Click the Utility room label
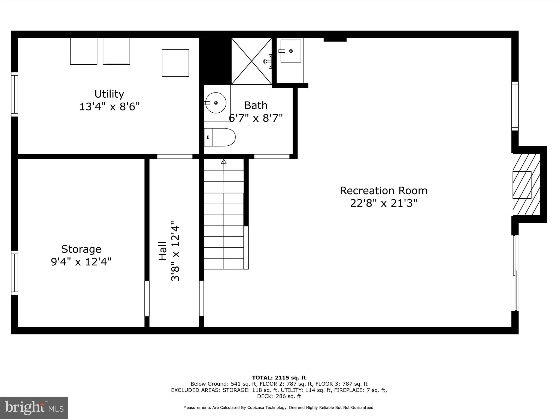coord(109,94)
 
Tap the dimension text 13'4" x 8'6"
coord(109,107)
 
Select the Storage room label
coord(81,249)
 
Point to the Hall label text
coord(163,251)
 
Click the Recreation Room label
coord(384,190)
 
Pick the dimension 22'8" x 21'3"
coord(384,203)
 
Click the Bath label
coord(256,105)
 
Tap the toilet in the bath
coord(220,137)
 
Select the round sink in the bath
coord(216,103)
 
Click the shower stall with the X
coord(251,61)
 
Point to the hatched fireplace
coord(526,185)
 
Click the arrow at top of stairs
coord(224,161)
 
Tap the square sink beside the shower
coord(291,51)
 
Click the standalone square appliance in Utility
coord(175,63)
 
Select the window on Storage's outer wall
coord(14,273)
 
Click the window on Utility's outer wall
coord(14,94)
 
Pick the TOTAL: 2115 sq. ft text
coord(279,378)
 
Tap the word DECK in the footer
coord(264,396)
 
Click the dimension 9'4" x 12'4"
coord(81,262)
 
